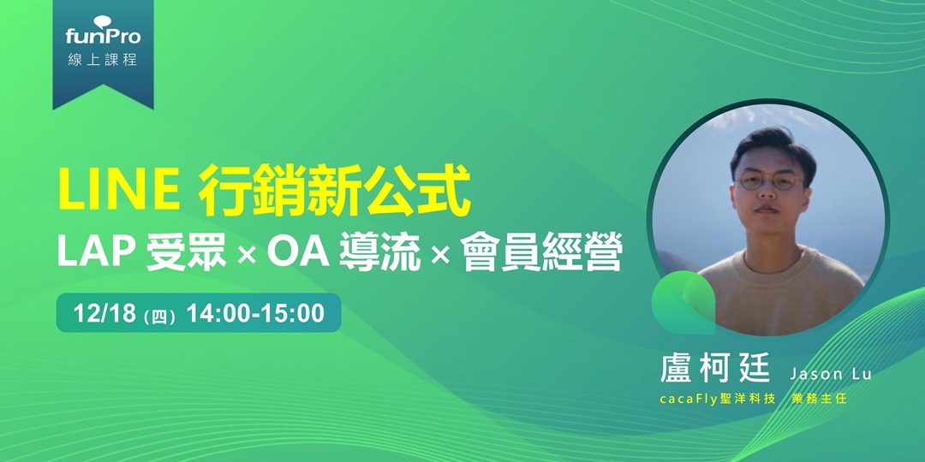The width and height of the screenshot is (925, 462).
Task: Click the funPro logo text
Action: coord(103,37)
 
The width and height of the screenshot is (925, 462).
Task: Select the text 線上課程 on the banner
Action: coord(103,61)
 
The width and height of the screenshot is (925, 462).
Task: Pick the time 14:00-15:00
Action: coord(255,314)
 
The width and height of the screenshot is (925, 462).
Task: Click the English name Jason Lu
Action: coord(830,374)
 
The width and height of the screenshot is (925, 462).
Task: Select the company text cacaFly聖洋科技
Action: coord(718,399)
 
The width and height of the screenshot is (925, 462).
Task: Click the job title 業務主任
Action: coord(819,399)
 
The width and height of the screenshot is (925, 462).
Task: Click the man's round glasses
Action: coord(768,183)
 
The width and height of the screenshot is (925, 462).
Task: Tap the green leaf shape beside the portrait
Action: coord(682,305)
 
